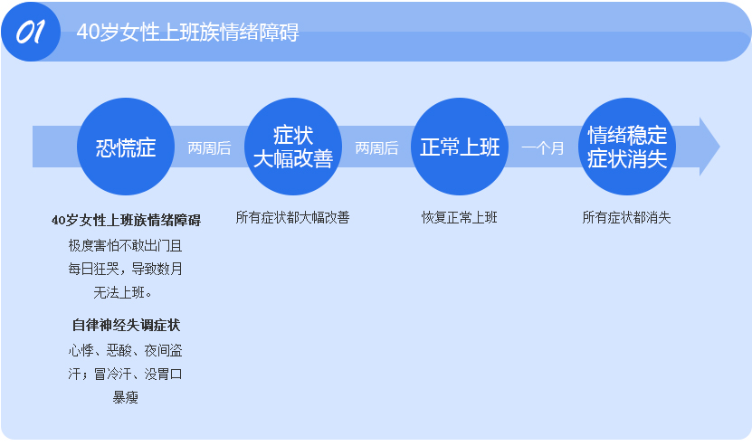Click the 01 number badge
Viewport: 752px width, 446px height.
[x=31, y=32]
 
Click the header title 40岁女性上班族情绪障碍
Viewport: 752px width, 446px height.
[x=187, y=33]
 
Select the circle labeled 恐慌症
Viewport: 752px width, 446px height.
[x=126, y=147]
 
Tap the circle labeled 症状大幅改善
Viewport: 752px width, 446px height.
[x=293, y=147]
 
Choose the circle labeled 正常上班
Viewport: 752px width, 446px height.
[x=460, y=147]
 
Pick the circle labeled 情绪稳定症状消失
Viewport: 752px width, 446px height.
[x=627, y=147]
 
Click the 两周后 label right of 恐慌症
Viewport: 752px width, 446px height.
[x=209, y=148]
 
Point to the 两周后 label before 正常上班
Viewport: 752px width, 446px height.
[x=376, y=148]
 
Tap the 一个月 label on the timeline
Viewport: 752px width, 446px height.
[x=543, y=148]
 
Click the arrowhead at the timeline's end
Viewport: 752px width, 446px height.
[x=709, y=147]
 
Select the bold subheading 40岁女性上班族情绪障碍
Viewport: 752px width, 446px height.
[x=126, y=220]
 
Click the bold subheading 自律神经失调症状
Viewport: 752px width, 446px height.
[x=126, y=325]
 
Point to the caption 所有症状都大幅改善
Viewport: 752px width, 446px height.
[x=292, y=218]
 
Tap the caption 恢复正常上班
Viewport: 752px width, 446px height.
[x=460, y=218]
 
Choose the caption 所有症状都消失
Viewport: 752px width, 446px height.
[x=626, y=218]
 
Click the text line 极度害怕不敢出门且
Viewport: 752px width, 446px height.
[x=125, y=246]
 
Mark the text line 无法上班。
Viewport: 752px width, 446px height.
[x=123, y=292]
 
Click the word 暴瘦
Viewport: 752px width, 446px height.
[x=125, y=397]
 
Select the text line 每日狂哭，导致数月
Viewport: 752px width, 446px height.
[x=125, y=269]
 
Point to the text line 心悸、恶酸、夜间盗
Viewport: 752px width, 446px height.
[x=125, y=351]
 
